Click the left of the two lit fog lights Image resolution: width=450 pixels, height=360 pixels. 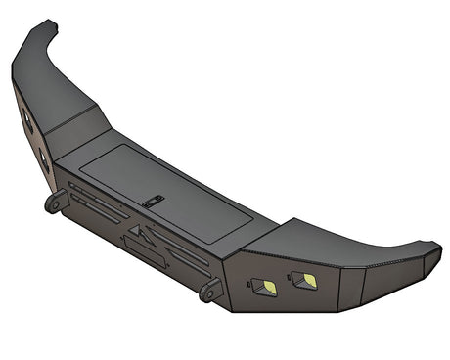click(x=263, y=288)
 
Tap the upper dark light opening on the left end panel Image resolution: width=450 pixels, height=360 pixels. click(x=27, y=121)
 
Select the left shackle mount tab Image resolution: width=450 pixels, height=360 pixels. click(x=54, y=202)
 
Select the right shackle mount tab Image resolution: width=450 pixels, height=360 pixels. click(x=208, y=291)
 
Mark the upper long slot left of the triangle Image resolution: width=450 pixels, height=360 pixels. click(x=93, y=200)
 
